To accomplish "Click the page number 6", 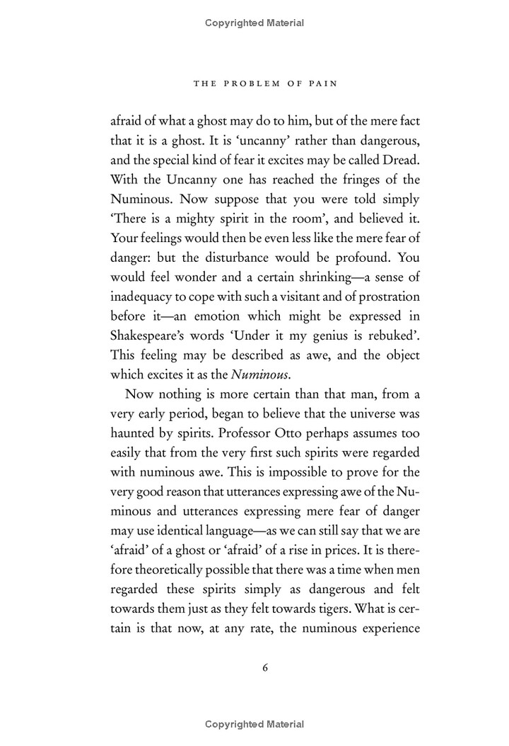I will click(x=255, y=667).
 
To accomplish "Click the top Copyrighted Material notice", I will click(x=255, y=23).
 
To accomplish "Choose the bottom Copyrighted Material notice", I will click(x=255, y=723).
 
